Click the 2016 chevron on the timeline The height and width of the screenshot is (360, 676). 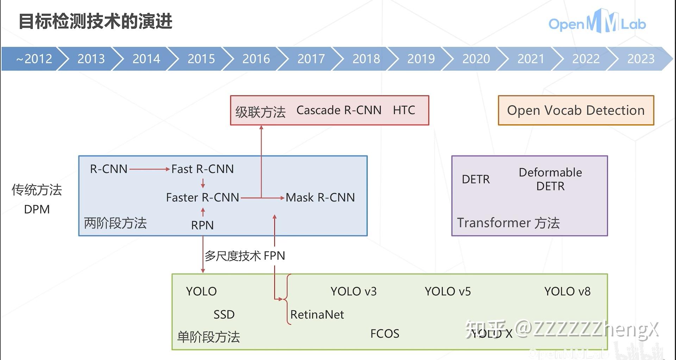[256, 58]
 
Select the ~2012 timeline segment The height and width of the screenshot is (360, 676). [34, 58]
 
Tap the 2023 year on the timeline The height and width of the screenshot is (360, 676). [640, 58]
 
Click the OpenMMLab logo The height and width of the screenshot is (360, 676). [597, 23]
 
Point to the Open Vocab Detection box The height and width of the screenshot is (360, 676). [576, 110]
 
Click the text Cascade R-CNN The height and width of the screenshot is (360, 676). [339, 110]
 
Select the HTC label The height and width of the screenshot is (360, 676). [404, 110]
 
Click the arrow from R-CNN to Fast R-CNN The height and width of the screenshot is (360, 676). [149, 169]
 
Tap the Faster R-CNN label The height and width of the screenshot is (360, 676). [202, 197]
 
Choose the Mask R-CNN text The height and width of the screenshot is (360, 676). [320, 197]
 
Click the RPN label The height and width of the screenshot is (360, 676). [202, 225]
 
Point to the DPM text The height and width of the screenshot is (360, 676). [37, 209]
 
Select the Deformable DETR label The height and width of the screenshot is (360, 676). [550, 179]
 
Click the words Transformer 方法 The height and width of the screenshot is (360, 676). [508, 223]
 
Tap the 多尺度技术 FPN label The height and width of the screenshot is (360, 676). [245, 255]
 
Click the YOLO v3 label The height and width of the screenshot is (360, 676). [353, 291]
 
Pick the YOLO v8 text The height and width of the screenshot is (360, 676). [567, 291]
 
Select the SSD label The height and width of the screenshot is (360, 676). [224, 314]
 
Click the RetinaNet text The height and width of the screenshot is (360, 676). [317, 314]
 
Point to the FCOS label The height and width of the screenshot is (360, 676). [384, 333]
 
